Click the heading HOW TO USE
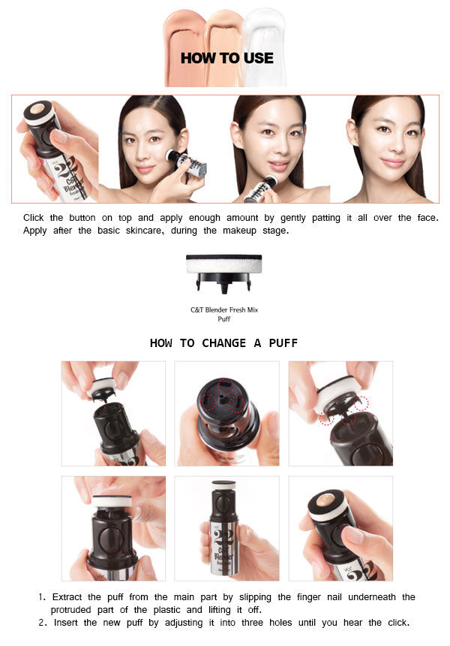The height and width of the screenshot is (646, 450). (227, 58)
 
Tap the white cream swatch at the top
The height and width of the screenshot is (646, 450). (264, 47)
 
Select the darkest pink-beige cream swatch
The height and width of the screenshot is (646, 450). (184, 47)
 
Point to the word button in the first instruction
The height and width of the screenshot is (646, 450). (82, 218)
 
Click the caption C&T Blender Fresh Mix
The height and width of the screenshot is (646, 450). (224, 309)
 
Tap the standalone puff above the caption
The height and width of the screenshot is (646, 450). (223, 273)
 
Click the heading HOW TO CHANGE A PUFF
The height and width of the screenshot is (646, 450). (223, 343)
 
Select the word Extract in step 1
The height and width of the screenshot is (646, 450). (67, 597)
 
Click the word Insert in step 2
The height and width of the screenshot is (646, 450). (65, 623)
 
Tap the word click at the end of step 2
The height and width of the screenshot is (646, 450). (398, 623)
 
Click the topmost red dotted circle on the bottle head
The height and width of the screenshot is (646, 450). (226, 385)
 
